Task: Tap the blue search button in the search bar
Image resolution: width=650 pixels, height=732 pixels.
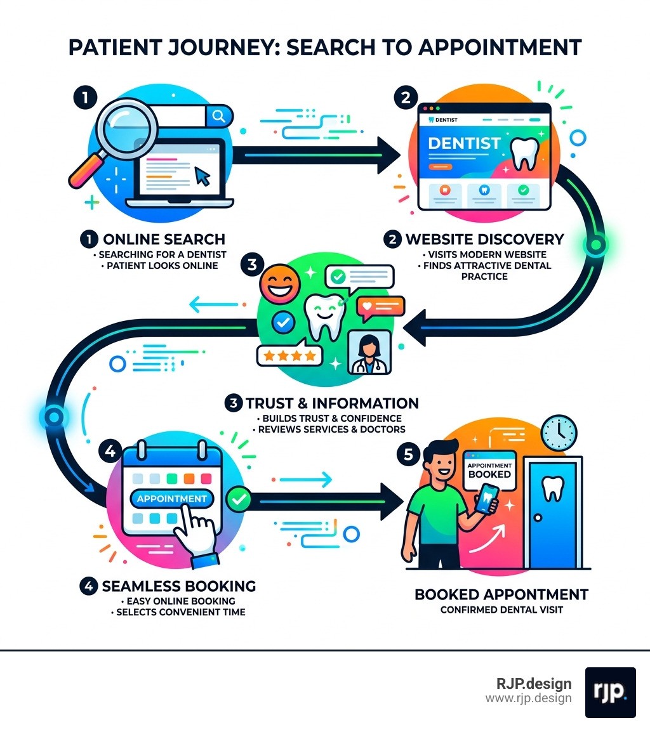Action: (219, 115)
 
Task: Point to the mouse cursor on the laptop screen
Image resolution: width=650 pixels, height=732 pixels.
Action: (202, 174)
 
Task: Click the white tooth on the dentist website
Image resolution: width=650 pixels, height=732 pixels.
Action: (525, 152)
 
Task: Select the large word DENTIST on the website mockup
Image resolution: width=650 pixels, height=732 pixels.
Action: (464, 143)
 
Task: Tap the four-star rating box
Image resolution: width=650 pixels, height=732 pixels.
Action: (288, 356)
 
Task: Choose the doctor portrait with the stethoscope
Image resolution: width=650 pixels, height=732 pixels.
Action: (370, 352)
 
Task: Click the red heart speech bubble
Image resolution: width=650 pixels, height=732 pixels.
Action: (380, 307)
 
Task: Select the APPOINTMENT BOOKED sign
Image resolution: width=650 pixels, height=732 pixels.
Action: (489, 470)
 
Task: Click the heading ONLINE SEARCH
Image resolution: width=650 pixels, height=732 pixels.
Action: (164, 239)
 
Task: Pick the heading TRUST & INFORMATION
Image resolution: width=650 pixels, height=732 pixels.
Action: (332, 403)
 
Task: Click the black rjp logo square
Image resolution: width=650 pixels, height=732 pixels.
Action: (610, 692)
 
